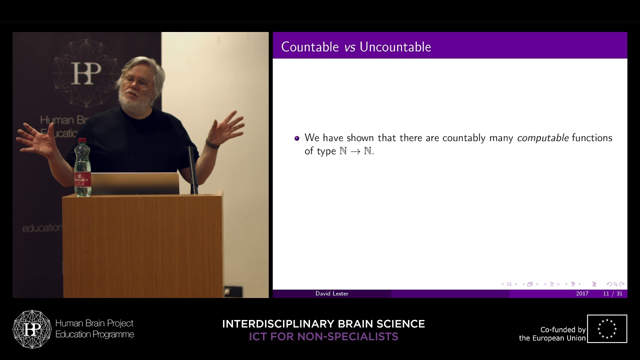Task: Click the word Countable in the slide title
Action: tap(310, 47)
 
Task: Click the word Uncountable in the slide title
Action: tap(395, 47)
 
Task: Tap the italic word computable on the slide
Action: tap(542, 138)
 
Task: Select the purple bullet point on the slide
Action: tap(297, 138)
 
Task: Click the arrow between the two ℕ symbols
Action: tap(355, 151)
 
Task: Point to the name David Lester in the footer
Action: tap(331, 293)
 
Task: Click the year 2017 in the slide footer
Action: tap(582, 293)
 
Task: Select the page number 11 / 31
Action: tap(612, 293)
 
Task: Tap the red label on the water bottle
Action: tap(82, 179)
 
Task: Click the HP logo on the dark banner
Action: tap(86, 73)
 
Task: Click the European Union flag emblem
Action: tap(607, 328)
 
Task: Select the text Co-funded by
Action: tap(562, 330)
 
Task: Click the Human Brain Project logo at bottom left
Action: tap(32, 329)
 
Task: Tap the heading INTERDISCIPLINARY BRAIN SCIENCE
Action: tap(323, 324)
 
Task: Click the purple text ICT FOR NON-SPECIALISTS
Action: tap(323, 336)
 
